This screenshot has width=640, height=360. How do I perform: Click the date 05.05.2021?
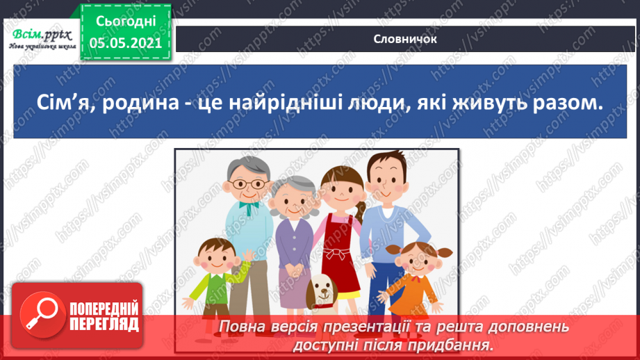(x=126, y=43)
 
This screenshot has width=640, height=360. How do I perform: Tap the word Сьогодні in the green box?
(x=126, y=22)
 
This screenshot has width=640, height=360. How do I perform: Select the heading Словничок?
(x=405, y=39)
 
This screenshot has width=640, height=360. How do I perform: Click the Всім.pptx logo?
(x=42, y=39)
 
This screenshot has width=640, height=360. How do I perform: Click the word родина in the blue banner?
(x=141, y=103)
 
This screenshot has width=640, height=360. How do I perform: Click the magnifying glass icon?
(x=42, y=315)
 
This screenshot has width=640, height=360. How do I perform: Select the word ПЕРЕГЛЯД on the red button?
(x=104, y=325)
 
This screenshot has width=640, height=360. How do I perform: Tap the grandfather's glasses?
(x=248, y=184)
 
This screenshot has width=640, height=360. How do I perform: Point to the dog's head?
(x=322, y=288)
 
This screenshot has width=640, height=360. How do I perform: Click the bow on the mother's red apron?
(x=338, y=253)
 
